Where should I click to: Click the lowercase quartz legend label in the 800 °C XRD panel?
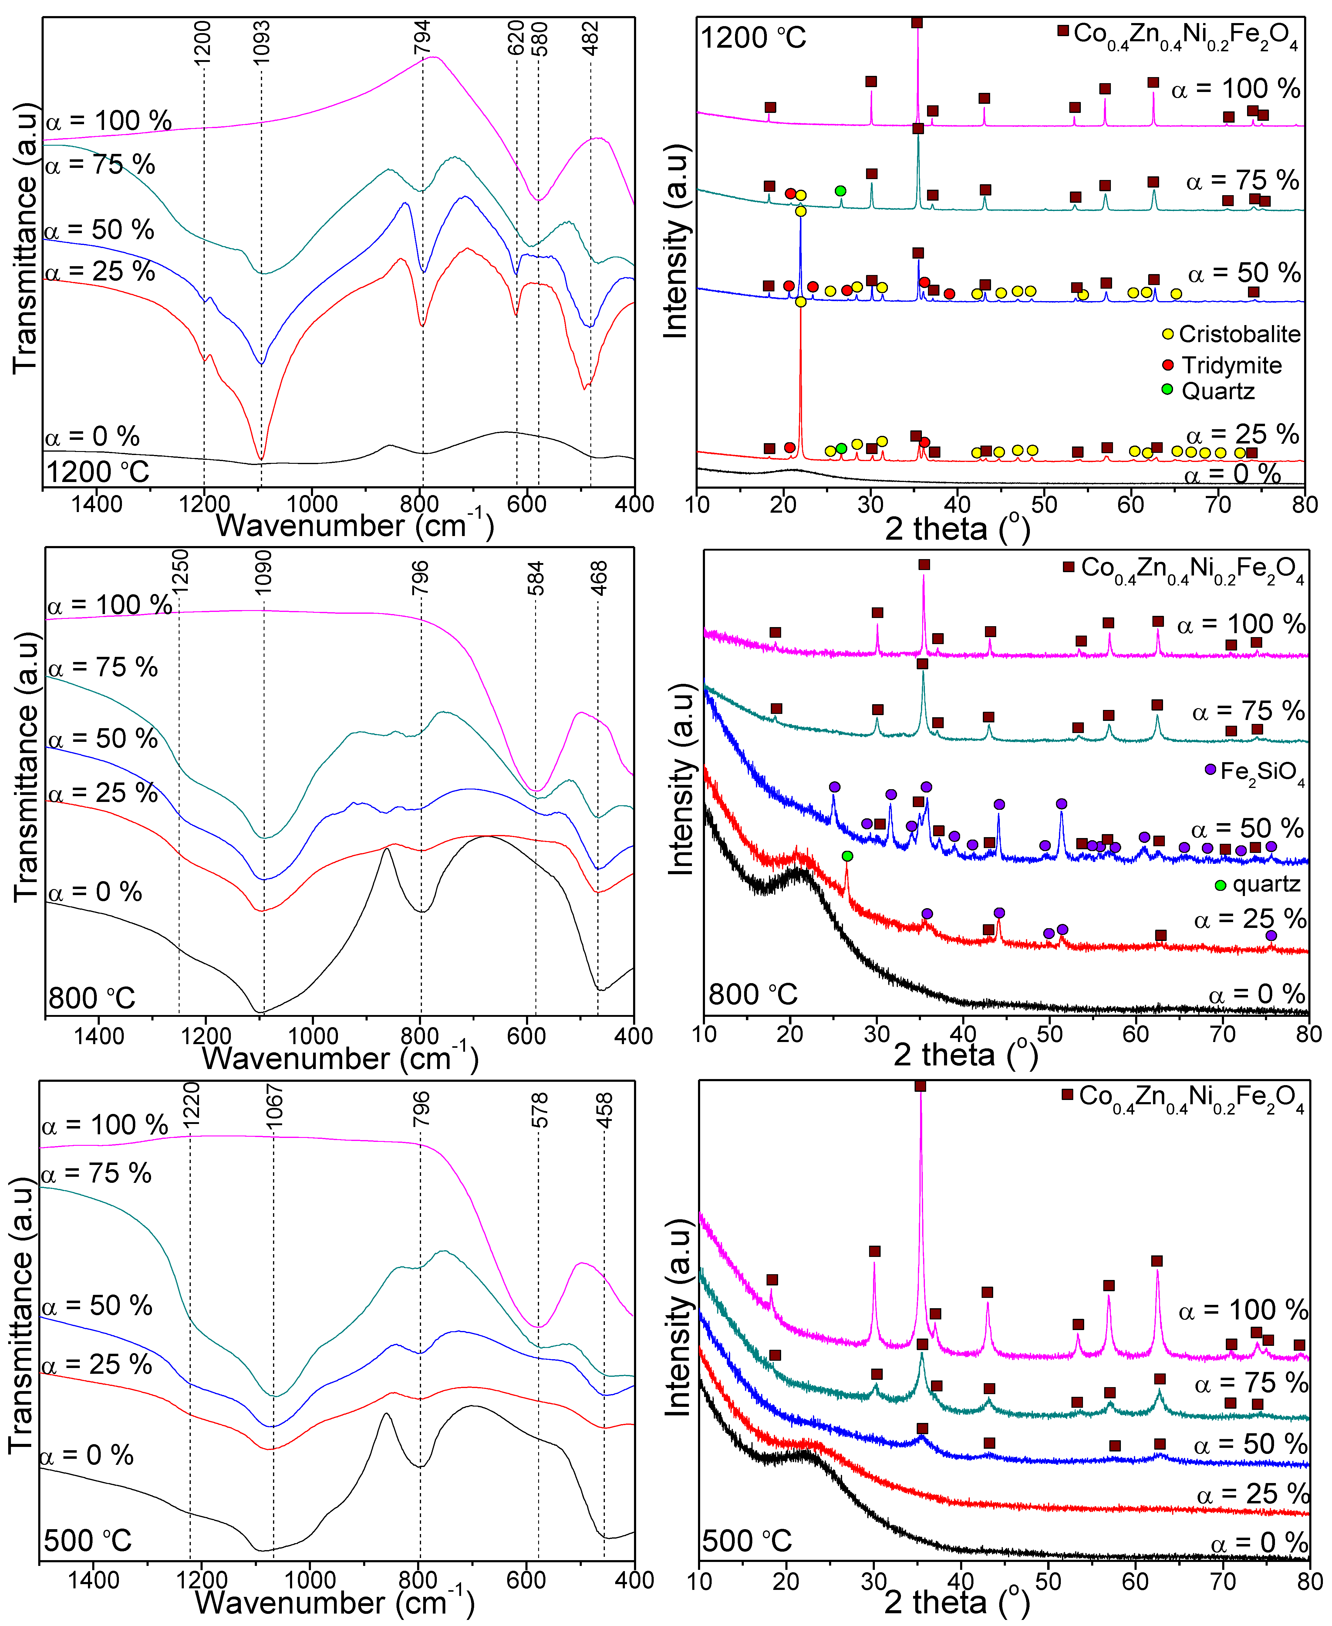pyautogui.click(x=1266, y=884)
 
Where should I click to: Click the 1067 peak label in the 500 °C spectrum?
pyautogui.click(x=274, y=1106)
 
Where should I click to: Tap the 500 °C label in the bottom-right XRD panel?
pyautogui.click(x=747, y=1541)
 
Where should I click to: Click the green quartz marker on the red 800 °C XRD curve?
pyautogui.click(x=847, y=856)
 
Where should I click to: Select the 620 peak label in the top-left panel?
pyautogui.click(x=516, y=38)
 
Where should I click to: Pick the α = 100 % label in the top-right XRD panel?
pyautogui.click(x=1235, y=89)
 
